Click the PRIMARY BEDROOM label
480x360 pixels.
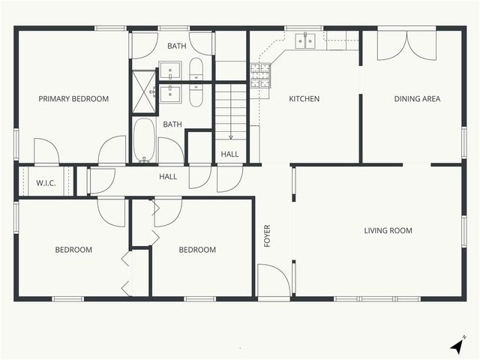[73, 99]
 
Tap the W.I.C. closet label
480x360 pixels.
[46, 182]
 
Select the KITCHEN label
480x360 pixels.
[304, 99]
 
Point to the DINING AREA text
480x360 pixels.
[417, 99]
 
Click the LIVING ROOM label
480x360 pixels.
[388, 231]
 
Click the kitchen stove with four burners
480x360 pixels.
[259, 74]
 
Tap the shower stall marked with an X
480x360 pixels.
[143, 91]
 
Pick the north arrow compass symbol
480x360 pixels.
[456, 346]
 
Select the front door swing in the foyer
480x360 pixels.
[274, 281]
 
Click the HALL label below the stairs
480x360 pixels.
[229, 154]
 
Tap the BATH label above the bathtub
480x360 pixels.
[172, 124]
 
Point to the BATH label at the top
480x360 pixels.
[176, 46]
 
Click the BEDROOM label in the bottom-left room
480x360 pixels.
[73, 250]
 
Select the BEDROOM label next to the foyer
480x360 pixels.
[197, 250]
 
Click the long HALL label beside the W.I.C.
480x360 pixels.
[168, 176]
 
